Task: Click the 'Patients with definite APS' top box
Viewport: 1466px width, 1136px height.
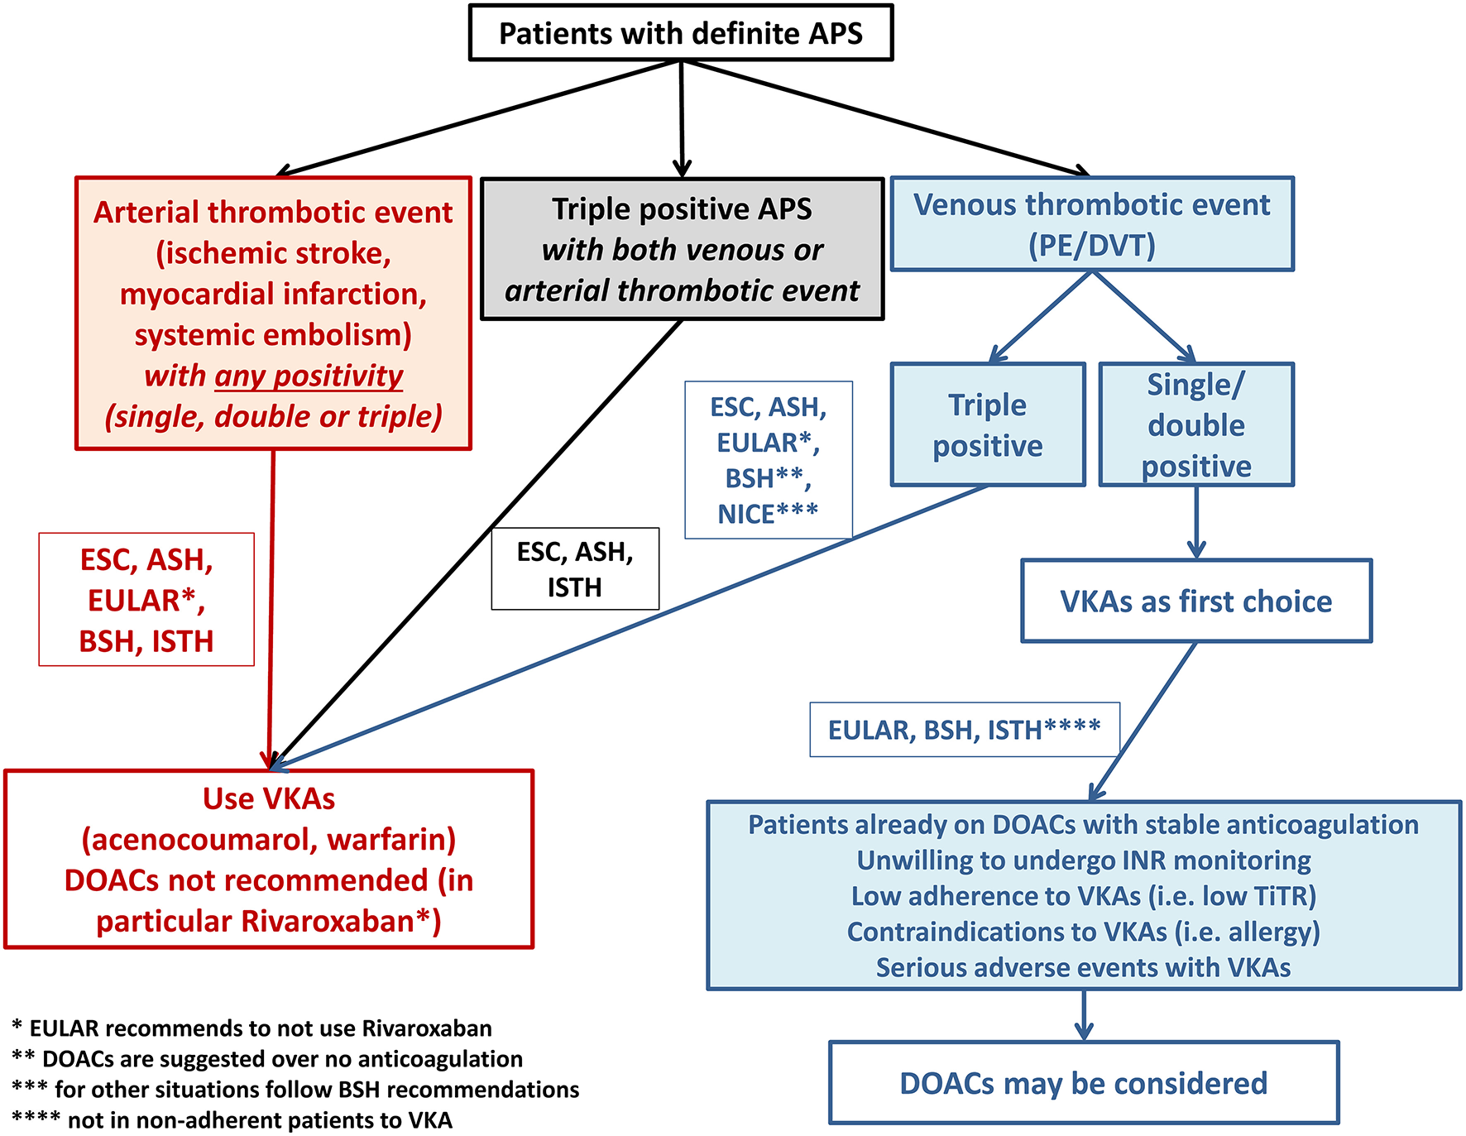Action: coord(681,33)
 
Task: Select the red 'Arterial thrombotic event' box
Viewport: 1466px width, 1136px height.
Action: coord(273,313)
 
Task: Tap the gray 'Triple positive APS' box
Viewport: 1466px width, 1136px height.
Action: coord(683,249)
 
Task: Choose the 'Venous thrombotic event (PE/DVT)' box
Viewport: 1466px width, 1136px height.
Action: coord(1092,223)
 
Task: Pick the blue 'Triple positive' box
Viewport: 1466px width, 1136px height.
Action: coord(988,424)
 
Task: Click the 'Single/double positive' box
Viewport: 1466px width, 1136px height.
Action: coord(1196,424)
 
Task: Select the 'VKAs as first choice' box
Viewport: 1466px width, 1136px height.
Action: coord(1196,601)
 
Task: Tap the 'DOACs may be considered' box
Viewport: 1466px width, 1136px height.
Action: coord(1084,1082)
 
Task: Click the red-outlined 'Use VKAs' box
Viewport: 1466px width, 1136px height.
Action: coord(269,859)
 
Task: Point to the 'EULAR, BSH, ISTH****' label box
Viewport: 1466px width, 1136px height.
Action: coord(965,730)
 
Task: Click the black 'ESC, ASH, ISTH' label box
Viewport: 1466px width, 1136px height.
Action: coord(575,569)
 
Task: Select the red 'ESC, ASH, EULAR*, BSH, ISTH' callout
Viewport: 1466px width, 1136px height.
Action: coord(146,599)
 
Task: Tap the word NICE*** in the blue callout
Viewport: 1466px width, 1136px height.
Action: coord(768,514)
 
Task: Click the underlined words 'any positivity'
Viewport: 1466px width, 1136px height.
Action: coord(309,376)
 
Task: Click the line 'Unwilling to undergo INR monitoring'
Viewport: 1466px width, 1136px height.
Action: coord(1084,860)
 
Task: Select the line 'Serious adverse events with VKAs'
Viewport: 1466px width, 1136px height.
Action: coord(1084,967)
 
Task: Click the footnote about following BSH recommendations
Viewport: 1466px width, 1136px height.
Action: coord(295,1089)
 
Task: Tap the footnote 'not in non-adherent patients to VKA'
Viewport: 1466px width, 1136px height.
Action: coord(232,1119)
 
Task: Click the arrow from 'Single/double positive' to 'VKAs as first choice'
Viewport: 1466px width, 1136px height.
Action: coord(1196,523)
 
